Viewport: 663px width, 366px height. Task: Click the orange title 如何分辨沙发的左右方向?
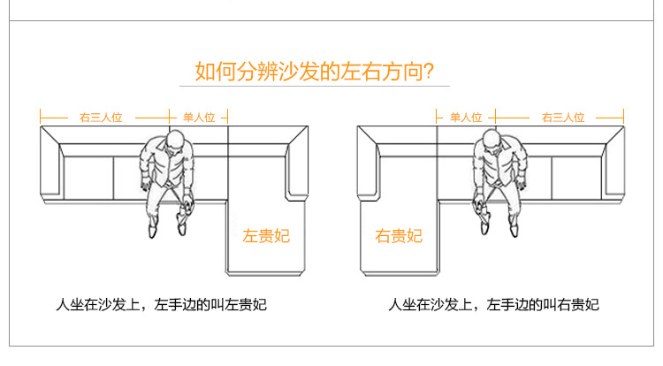pyautogui.click(x=314, y=70)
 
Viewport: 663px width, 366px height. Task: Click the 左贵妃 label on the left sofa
pyautogui.click(x=266, y=235)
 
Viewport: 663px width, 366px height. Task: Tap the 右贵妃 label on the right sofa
pyautogui.click(x=399, y=235)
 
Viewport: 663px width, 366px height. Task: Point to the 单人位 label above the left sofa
pyautogui.click(x=199, y=117)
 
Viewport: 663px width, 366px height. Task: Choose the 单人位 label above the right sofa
pyautogui.click(x=466, y=117)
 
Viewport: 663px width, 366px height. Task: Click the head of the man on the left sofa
pyautogui.click(x=175, y=141)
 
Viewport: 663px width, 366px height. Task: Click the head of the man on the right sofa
pyautogui.click(x=491, y=141)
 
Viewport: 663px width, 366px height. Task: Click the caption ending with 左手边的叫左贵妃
pyautogui.click(x=160, y=305)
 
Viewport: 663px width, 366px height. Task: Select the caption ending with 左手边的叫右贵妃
pyautogui.click(x=494, y=305)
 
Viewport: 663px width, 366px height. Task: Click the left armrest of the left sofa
pyautogui.click(x=50, y=168)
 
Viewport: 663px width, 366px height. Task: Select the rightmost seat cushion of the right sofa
pyautogui.click(x=577, y=177)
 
